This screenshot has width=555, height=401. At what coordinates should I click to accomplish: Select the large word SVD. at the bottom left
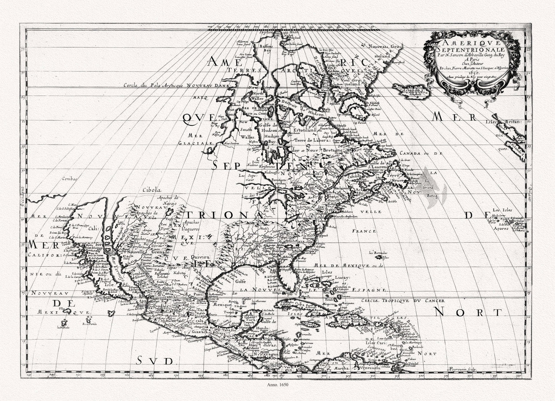click(155, 360)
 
